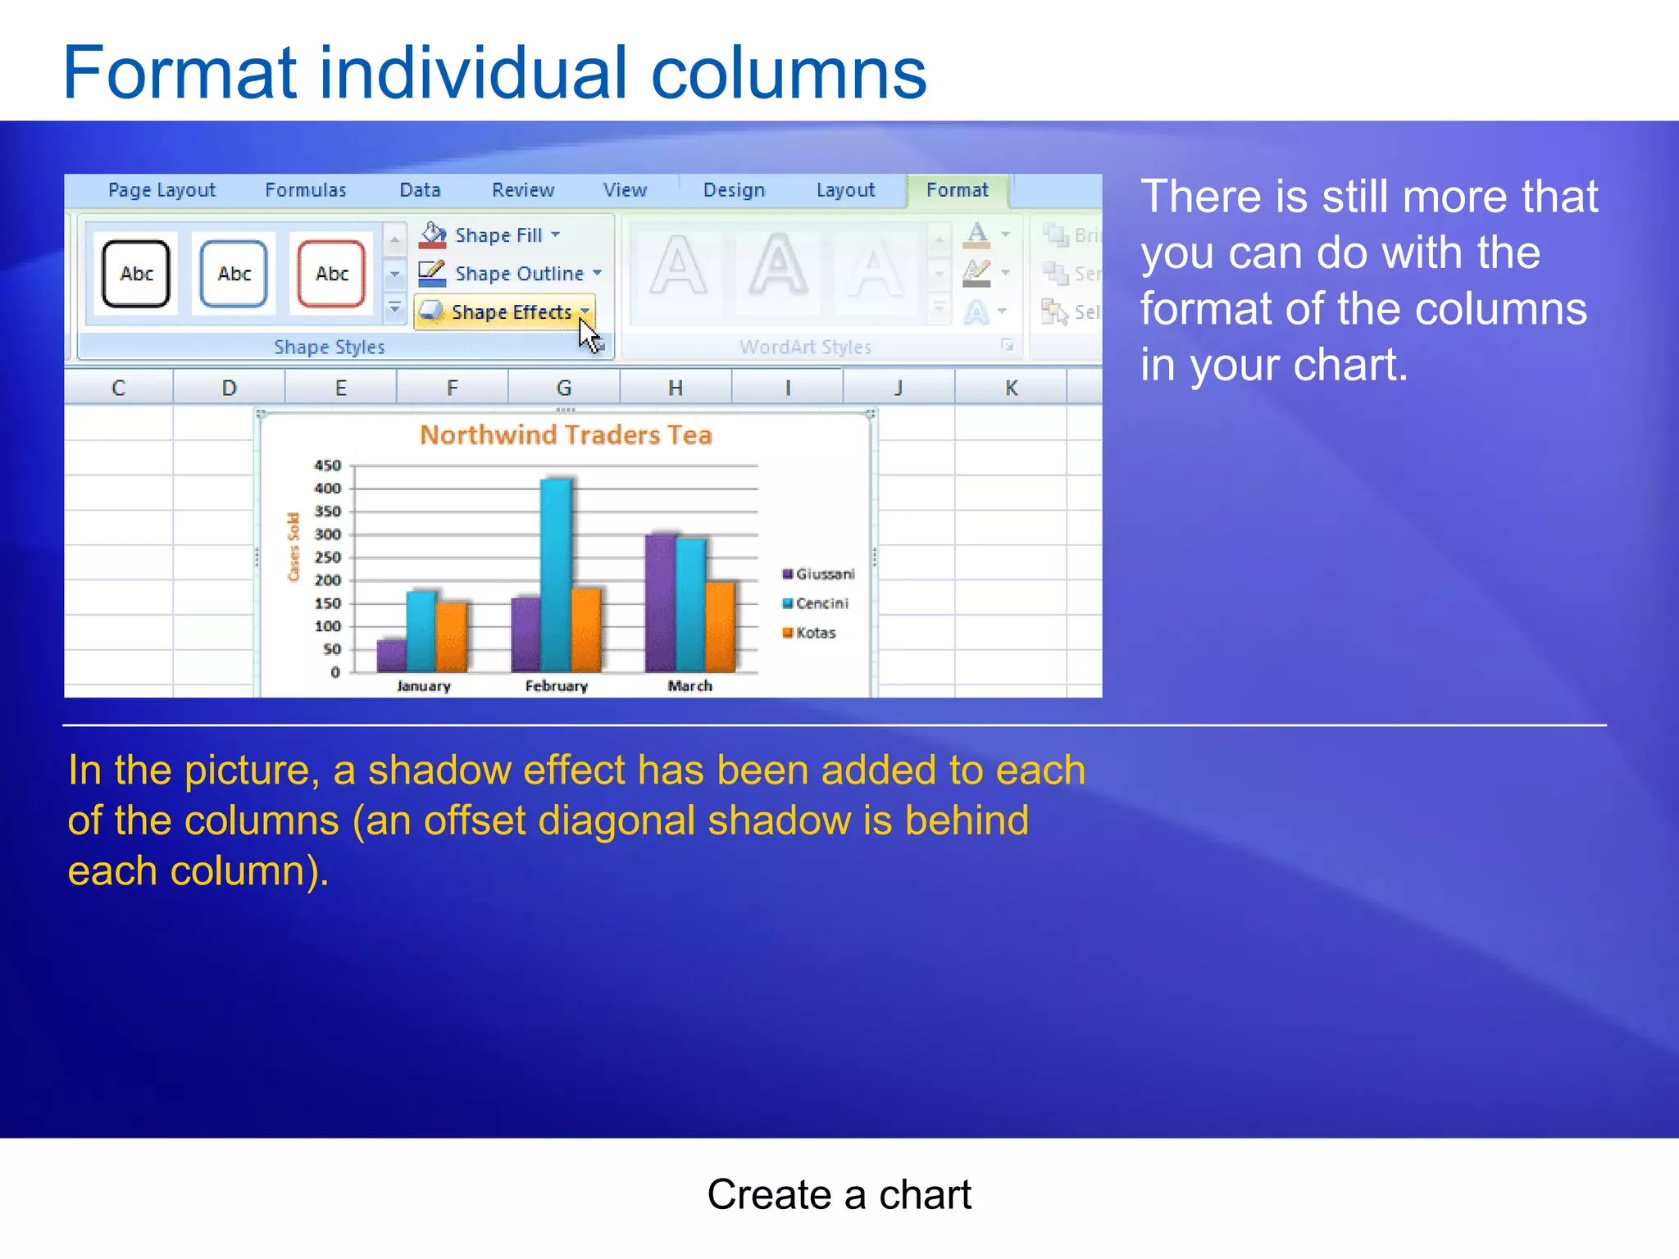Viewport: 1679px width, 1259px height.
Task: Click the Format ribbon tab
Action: (x=957, y=190)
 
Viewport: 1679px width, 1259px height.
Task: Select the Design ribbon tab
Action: (x=734, y=190)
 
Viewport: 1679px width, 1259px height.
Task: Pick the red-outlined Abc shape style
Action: (x=331, y=274)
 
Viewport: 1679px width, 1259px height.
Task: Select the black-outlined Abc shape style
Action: (x=136, y=274)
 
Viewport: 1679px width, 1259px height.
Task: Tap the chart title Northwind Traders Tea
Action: (x=566, y=434)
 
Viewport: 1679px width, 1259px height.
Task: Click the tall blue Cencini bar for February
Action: (x=557, y=574)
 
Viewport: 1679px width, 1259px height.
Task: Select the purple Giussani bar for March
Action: (x=661, y=602)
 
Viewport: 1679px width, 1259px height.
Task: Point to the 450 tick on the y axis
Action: (x=328, y=466)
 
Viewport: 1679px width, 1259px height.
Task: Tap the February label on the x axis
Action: (x=557, y=686)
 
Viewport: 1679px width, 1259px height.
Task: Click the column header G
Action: (x=564, y=388)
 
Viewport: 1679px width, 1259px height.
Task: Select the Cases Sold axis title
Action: (x=293, y=547)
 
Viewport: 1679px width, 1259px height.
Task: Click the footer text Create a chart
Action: (x=839, y=1194)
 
